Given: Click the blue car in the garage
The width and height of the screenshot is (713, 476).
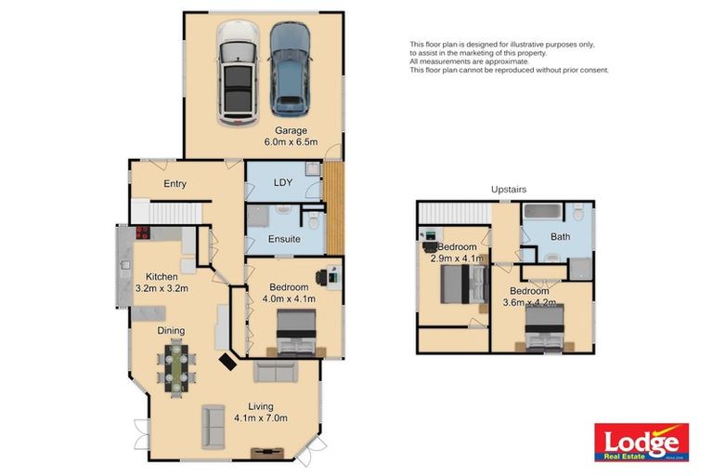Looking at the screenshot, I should (290, 67).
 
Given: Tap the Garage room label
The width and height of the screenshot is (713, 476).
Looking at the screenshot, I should (290, 130).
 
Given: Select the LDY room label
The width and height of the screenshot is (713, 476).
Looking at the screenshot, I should (283, 183).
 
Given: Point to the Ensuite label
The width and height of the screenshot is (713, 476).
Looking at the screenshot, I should (284, 239).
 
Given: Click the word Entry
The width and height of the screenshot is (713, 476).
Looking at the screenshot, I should (175, 184).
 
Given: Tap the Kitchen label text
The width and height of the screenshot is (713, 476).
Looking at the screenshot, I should (162, 276).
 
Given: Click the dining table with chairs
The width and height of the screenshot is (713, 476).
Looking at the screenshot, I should (175, 364).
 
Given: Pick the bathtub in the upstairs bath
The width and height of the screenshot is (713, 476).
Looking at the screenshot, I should (543, 212).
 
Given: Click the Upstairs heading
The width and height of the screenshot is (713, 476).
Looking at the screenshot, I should (509, 189).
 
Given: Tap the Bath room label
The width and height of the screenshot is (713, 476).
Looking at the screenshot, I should (560, 237).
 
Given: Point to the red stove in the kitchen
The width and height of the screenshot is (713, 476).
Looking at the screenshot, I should (144, 233).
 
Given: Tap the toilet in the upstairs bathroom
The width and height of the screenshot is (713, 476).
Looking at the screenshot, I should (578, 215).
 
